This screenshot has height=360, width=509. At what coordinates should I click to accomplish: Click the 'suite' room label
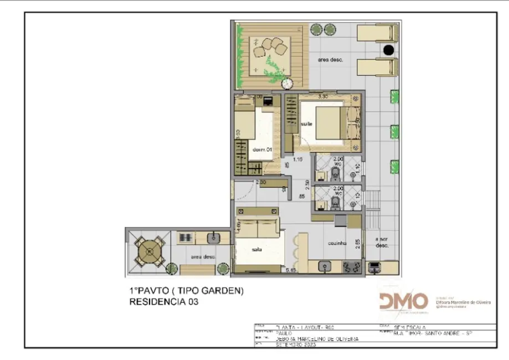307,124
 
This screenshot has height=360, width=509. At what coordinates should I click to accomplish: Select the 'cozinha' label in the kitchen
337,243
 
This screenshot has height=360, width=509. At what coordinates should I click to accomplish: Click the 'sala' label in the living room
256,250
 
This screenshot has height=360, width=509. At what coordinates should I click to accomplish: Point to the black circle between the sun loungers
389,50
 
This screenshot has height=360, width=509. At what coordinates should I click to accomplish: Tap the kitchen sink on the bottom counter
325,268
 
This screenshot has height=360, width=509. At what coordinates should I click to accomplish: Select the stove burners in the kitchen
351,268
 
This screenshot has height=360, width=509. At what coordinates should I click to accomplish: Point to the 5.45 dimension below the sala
290,271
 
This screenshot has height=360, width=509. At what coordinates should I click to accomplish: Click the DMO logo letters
404,301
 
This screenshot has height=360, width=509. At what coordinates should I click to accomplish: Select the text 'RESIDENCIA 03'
163,302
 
